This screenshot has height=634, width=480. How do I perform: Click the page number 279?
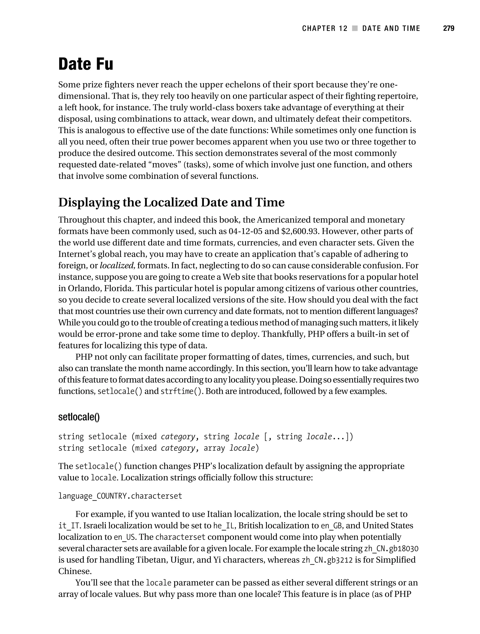click(448, 28)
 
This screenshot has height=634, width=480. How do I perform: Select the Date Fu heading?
click(86, 64)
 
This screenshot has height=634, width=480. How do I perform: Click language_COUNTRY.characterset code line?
click(120, 496)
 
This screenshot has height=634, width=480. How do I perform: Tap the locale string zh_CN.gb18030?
click(391, 548)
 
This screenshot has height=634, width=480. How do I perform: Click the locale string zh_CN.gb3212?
click(327, 560)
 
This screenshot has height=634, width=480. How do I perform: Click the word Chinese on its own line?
click(75, 571)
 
